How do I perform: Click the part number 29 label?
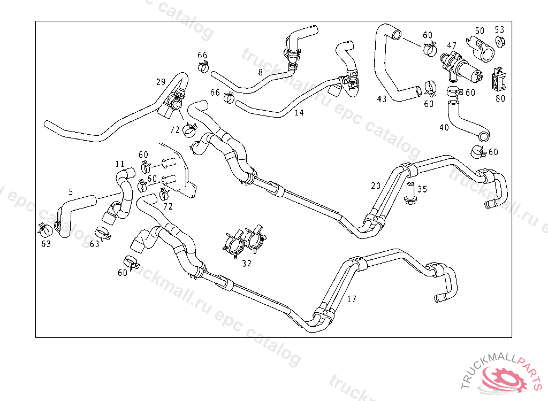pyautogui.click(x=161, y=82)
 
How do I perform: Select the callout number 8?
pyautogui.click(x=260, y=72)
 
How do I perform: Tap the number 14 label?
pyautogui.click(x=299, y=113)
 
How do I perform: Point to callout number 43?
pyautogui.click(x=382, y=99)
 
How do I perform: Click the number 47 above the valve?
pyautogui.click(x=452, y=46)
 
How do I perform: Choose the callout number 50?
pyautogui.click(x=479, y=30)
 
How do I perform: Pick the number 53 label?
pyautogui.click(x=499, y=29)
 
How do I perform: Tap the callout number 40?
pyautogui.click(x=444, y=128)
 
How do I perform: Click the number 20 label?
pyautogui.click(x=376, y=186)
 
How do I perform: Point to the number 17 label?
pyautogui.click(x=352, y=299)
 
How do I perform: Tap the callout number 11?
pyautogui.click(x=120, y=164)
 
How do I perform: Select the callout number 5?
pyautogui.click(x=71, y=191)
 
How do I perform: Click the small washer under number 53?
pyautogui.click(x=500, y=42)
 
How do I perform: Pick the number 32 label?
pyautogui.click(x=246, y=263)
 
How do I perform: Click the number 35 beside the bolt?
pyautogui.click(x=422, y=189)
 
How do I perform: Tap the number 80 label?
pyautogui.click(x=500, y=98)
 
